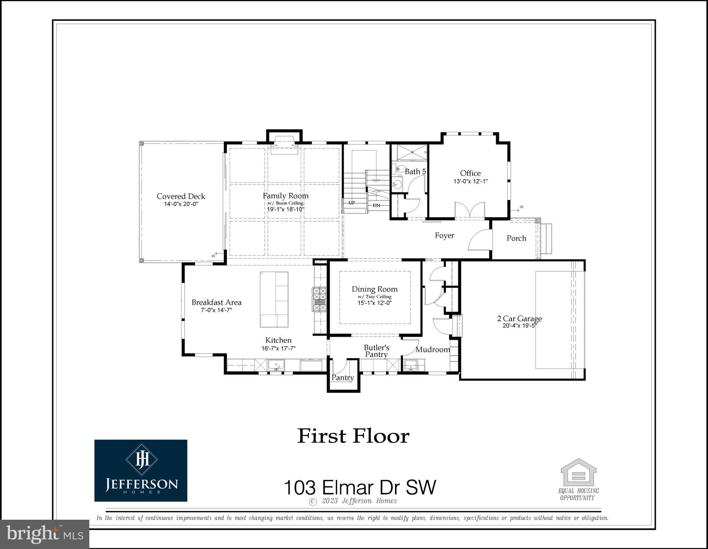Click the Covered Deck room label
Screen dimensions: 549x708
(181, 196)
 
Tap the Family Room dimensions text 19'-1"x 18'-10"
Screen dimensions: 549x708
(286, 209)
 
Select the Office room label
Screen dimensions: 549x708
(470, 173)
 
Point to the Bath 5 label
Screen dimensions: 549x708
(415, 172)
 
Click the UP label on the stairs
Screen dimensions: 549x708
(351, 203)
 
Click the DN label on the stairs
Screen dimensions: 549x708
(376, 206)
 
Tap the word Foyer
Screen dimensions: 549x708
(444, 235)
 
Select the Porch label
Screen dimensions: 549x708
(516, 238)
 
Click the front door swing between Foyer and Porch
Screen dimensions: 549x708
(479, 241)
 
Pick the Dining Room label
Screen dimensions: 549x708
(374, 289)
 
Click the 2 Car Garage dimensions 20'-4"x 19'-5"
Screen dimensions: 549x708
(519, 326)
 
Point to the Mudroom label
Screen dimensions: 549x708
(433, 350)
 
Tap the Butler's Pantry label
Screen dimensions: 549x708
(376, 351)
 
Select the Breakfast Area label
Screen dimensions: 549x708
(216, 302)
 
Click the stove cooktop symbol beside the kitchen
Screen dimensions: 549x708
(320, 300)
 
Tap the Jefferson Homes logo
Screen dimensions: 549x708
(141, 470)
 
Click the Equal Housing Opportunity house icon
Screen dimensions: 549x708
(578, 472)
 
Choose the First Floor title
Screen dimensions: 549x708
(353, 436)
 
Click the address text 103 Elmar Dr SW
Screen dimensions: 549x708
(360, 487)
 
